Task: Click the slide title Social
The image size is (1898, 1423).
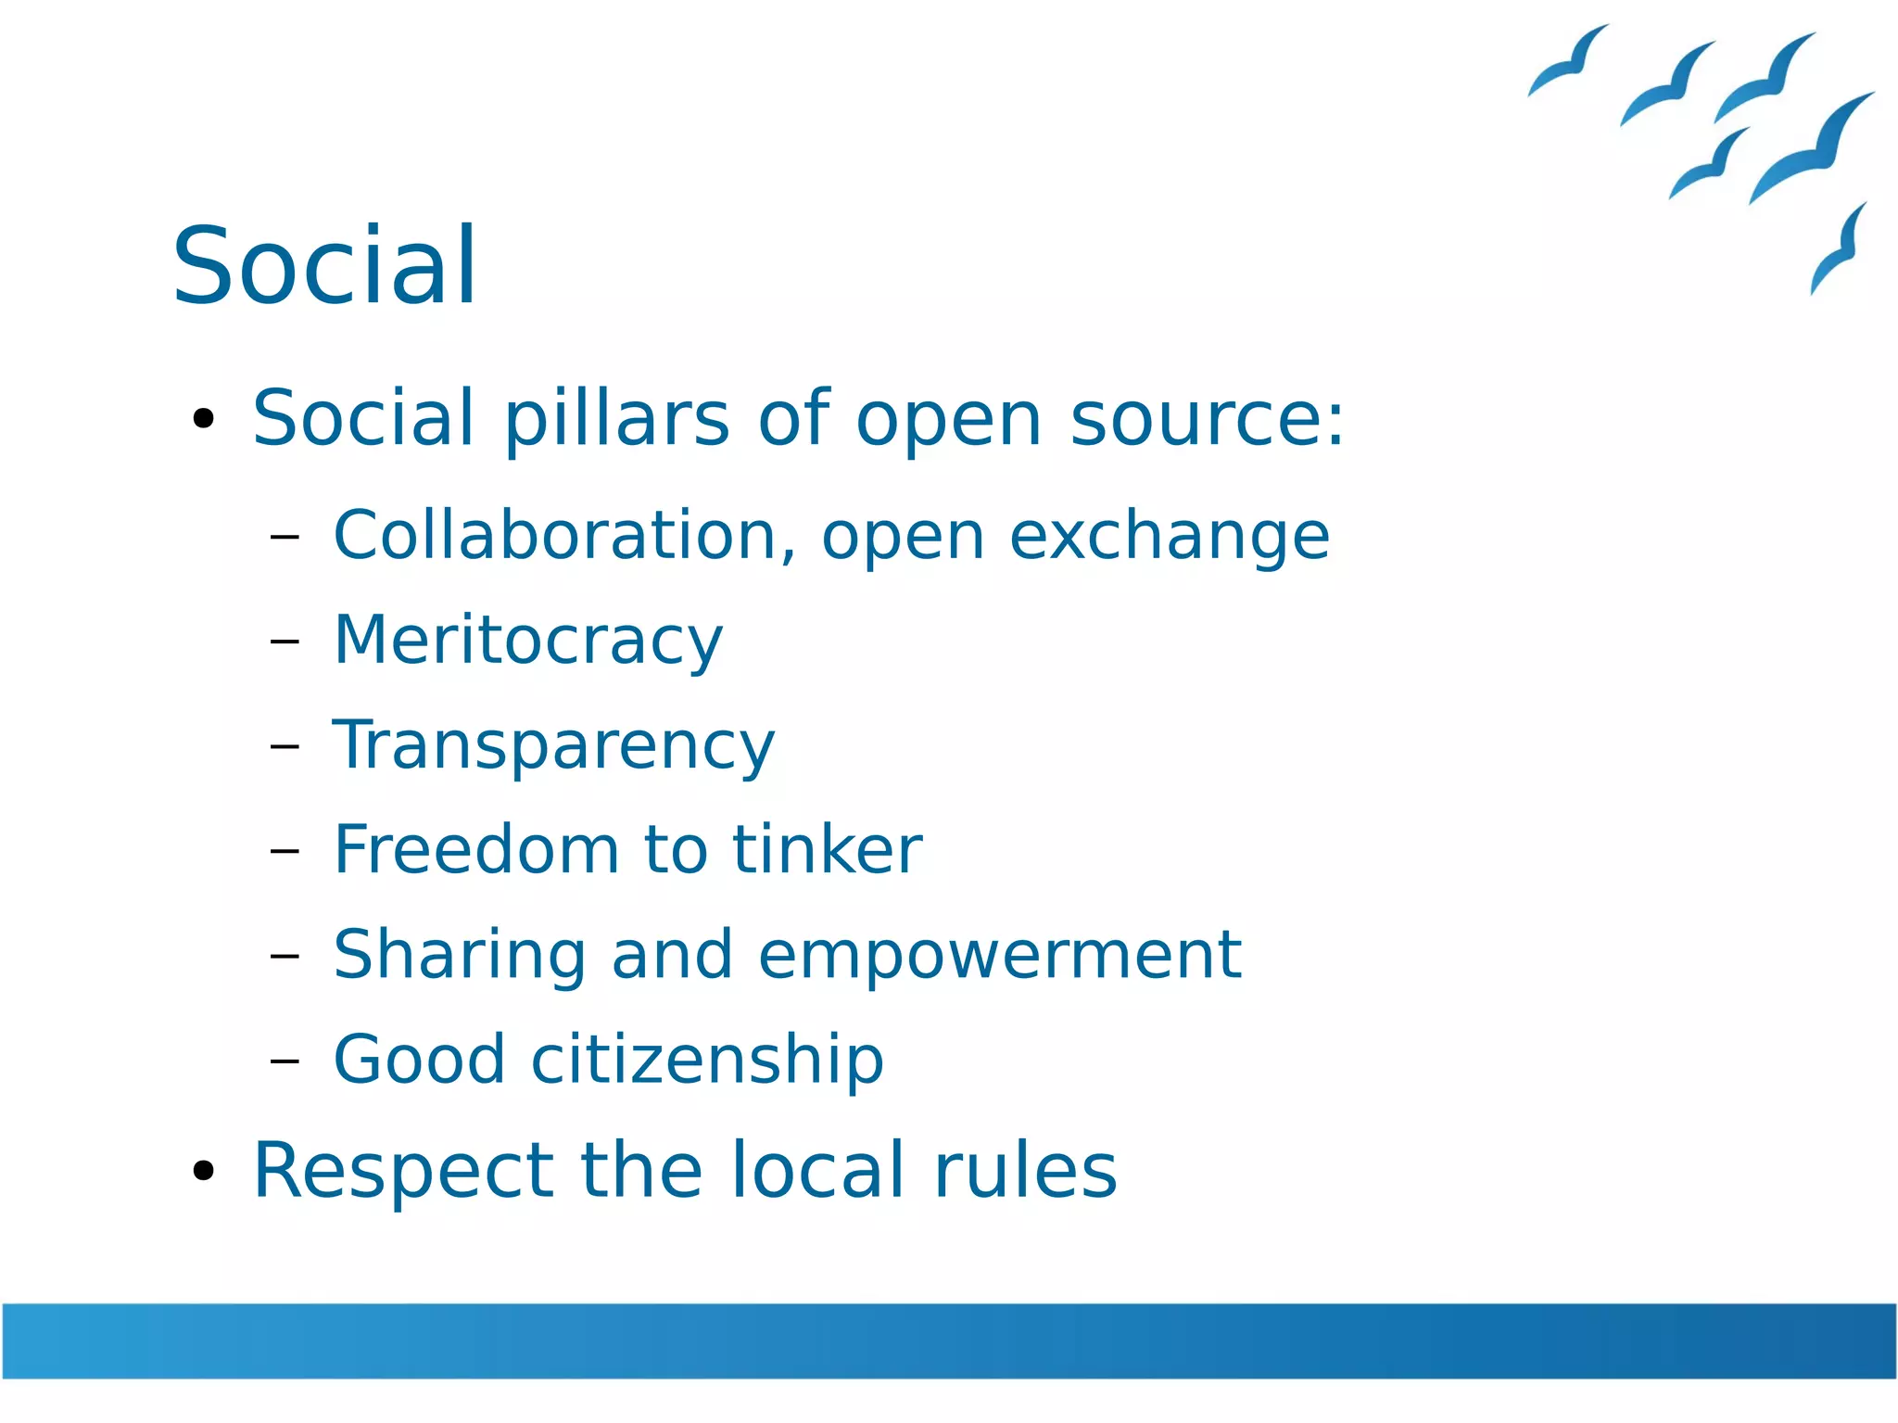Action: pos(324,266)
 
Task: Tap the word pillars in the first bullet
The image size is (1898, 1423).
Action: pos(616,419)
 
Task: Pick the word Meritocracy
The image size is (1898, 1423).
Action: pos(527,641)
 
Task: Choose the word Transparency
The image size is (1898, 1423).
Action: pos(553,745)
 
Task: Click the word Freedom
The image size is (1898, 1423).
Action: pos(475,849)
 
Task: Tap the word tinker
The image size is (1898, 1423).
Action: pos(827,849)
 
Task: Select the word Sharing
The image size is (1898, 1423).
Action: pos(459,955)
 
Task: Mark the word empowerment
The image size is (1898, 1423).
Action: pos(999,955)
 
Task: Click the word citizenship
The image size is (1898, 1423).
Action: pos(706,1059)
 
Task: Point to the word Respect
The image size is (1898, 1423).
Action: pos(402,1172)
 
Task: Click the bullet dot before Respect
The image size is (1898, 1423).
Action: pos(203,1171)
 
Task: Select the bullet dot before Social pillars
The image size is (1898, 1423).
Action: pos(203,419)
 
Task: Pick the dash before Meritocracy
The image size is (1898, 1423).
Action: pos(285,641)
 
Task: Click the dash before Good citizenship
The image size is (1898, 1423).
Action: pos(285,1060)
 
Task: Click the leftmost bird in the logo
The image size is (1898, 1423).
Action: pos(1568,61)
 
